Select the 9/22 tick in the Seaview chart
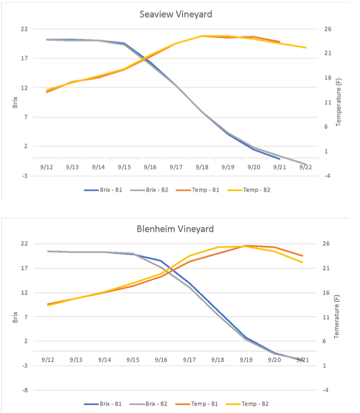(x=304, y=167)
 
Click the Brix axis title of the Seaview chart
(x=15, y=102)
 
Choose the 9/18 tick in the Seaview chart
(x=201, y=167)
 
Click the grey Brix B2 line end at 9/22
(x=304, y=163)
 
